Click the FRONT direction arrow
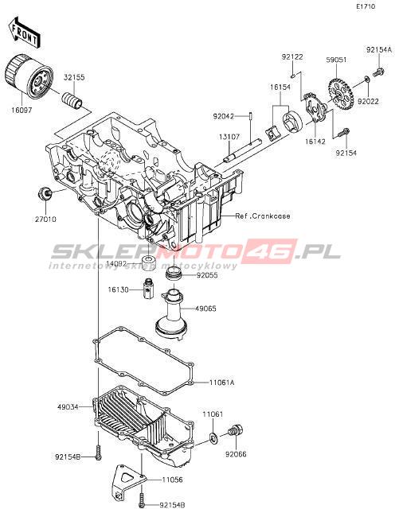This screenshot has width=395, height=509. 24,32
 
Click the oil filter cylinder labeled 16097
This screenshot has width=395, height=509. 29,77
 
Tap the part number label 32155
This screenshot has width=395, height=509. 74,78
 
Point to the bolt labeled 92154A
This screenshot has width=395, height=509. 378,72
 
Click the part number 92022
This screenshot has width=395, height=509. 368,101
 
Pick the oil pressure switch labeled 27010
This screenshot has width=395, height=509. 45,193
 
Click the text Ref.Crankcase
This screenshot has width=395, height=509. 263,216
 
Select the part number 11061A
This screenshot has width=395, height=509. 221,383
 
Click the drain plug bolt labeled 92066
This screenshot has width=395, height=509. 236,431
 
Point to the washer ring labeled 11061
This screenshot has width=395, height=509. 213,438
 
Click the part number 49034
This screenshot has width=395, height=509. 68,406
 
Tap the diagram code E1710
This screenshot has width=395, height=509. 366,6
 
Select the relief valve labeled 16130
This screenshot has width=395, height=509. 148,289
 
